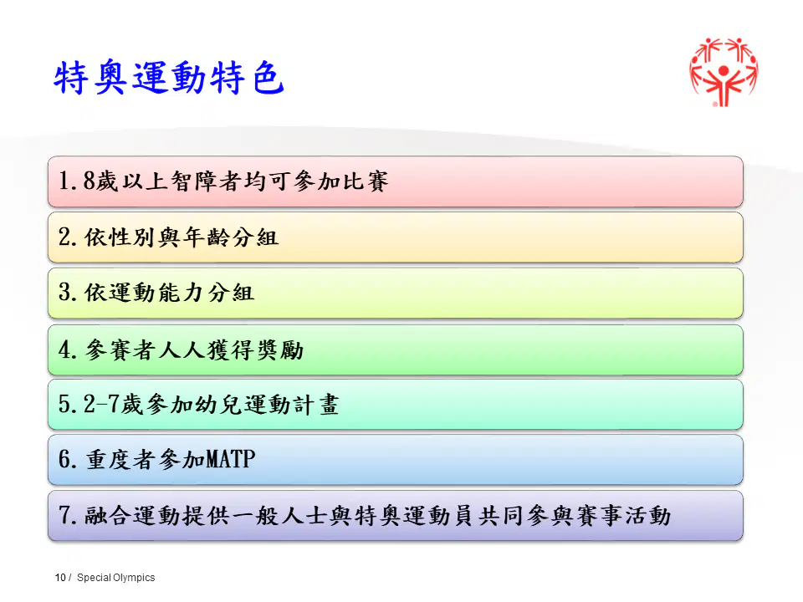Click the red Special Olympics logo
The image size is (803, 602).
click(x=723, y=72)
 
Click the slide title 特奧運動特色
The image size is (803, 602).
click(x=168, y=78)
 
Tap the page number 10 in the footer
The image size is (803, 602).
click(x=60, y=578)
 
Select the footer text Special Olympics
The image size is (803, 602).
click(x=115, y=578)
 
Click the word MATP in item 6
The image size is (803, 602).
click(x=230, y=459)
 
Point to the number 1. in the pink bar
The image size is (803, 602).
click(x=68, y=181)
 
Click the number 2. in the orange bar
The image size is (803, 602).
click(x=68, y=237)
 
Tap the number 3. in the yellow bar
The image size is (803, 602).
click(x=68, y=293)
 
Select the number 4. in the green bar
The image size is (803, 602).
click(x=68, y=349)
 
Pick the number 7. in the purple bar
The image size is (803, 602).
click(x=68, y=515)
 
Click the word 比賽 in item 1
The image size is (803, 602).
click(x=366, y=181)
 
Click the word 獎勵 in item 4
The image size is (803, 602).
click(x=280, y=350)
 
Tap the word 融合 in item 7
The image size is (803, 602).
click(x=108, y=516)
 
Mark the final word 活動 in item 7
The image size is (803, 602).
click(x=647, y=516)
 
